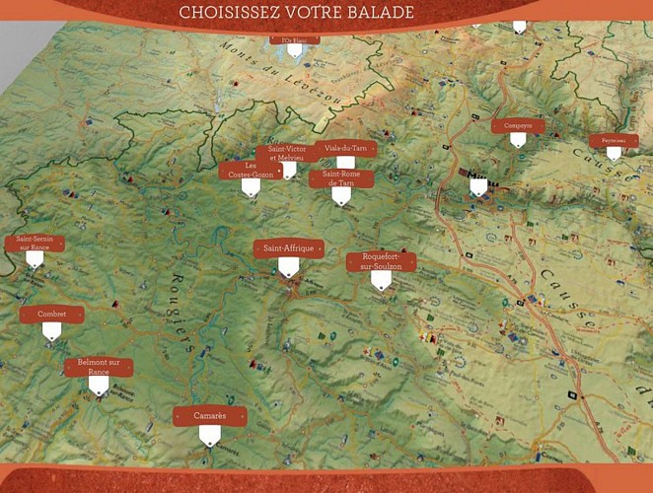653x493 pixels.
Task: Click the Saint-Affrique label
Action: point(288,248)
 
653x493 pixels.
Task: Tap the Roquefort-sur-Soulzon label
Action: point(381,261)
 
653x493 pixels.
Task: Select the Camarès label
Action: point(209,416)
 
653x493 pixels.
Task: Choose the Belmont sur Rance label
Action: point(98,367)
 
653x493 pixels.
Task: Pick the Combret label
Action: point(51,315)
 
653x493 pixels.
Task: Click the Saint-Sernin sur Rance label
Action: point(34,243)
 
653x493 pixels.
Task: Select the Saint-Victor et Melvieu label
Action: point(287,153)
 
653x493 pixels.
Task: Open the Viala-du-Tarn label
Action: point(345,148)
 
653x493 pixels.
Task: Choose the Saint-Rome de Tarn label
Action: point(340,178)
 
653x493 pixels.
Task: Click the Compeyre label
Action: point(518,125)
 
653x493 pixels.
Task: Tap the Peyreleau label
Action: point(613,141)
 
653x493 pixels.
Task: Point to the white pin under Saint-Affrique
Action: point(288,268)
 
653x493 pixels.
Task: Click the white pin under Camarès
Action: point(209,437)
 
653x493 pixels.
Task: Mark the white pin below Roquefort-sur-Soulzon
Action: point(381,281)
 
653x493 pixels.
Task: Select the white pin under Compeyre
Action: point(518,141)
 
